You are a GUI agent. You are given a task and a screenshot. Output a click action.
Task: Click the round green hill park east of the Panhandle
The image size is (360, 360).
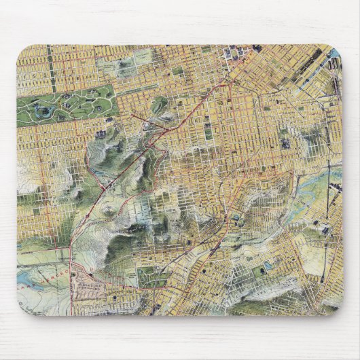[x=160, y=105]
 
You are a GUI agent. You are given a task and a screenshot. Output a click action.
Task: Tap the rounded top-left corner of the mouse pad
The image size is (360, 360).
[x=20, y=49]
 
